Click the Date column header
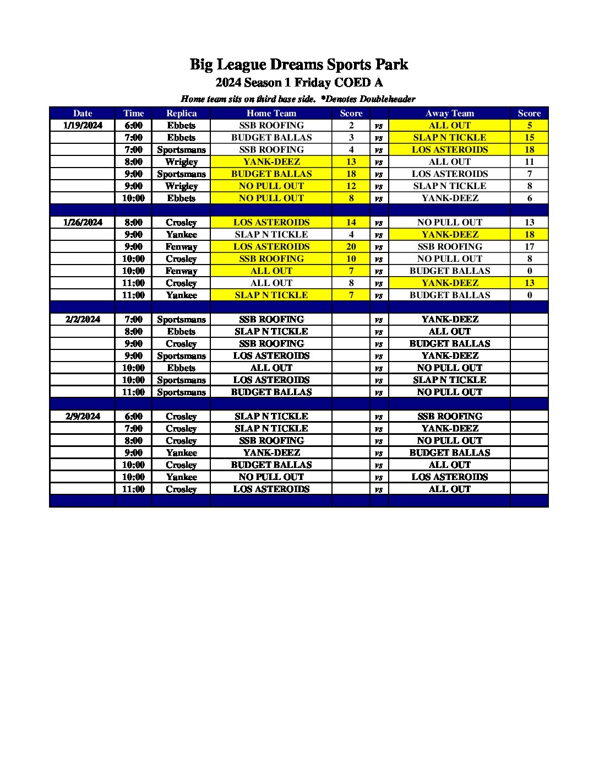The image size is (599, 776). click(x=83, y=114)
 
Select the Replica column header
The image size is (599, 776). click(x=181, y=114)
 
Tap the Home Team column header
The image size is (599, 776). click(x=271, y=114)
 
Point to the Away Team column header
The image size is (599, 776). click(x=449, y=114)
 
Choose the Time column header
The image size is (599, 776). click(x=133, y=114)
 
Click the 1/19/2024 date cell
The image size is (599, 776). click(x=83, y=126)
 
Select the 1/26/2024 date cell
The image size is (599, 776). click(x=83, y=223)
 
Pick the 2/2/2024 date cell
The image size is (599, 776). click(x=83, y=320)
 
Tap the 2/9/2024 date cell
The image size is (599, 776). click(x=83, y=417)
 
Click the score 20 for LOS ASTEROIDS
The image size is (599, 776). click(x=351, y=247)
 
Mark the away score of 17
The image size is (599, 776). click(x=529, y=247)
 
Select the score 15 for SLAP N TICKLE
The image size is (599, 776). click(x=529, y=138)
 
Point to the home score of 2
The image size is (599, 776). click(x=351, y=126)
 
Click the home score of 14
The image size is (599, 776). click(x=351, y=223)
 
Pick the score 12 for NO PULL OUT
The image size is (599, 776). click(x=351, y=186)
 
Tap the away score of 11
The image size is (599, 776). click(x=529, y=162)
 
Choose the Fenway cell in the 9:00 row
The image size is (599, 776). click(x=181, y=247)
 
